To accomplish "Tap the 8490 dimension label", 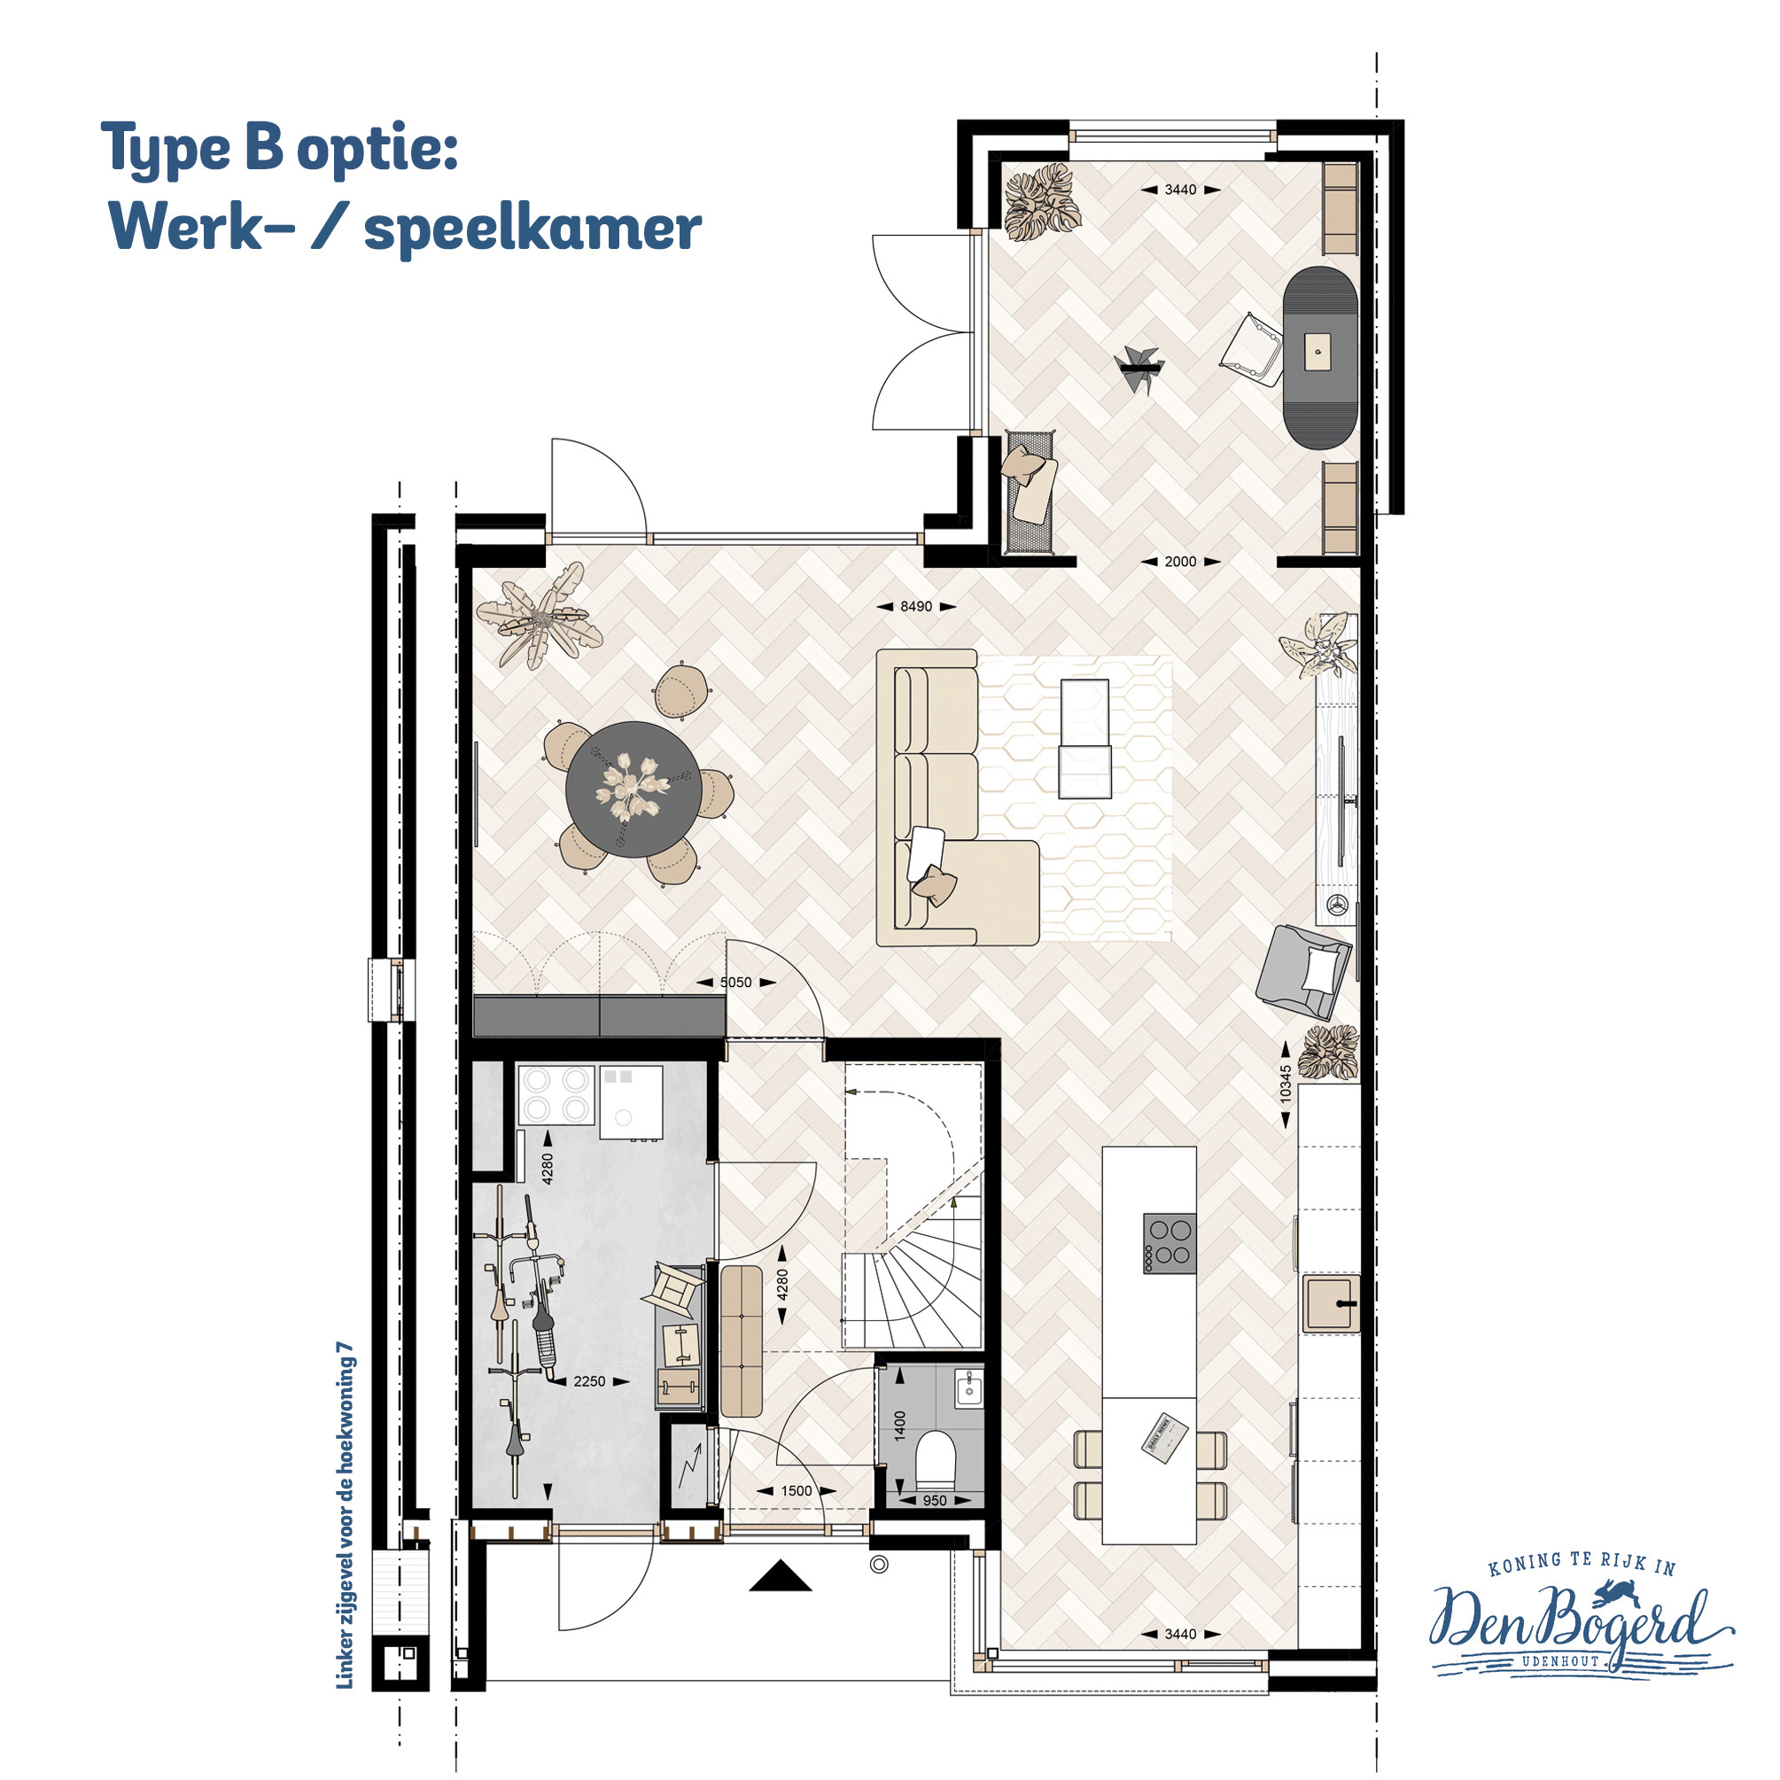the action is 916,606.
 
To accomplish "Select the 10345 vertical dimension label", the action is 1286,1084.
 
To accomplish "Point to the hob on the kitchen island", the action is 1170,1243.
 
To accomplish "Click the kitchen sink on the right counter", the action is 1332,1302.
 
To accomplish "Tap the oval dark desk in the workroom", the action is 1321,359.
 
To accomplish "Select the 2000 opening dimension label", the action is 1180,561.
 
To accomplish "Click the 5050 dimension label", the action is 735,982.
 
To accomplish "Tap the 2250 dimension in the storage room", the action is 590,1381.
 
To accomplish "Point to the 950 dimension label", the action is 934,1501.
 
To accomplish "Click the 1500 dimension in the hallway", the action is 796,1490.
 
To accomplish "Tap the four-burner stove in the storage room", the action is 556,1094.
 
